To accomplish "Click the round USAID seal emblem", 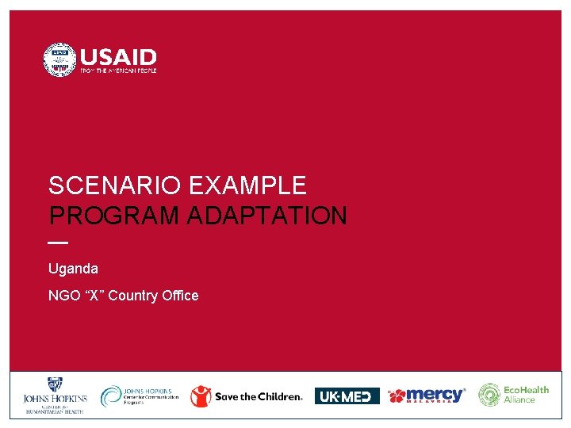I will pos(59,60).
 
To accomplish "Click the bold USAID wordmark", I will pos(118,58).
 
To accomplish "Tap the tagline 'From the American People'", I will pos(118,71).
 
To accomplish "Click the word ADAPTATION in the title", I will pos(267,216).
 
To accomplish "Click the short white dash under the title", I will pos(58,242).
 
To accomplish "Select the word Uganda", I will pos(73,269).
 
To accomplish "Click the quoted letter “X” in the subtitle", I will pos(93,296).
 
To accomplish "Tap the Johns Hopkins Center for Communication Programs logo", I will pos(140,396).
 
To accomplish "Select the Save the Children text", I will pos(259,396).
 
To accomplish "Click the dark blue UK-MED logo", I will pos(347,396).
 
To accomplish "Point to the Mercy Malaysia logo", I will pos(427,396).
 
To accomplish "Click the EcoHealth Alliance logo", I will pos(513,395).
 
